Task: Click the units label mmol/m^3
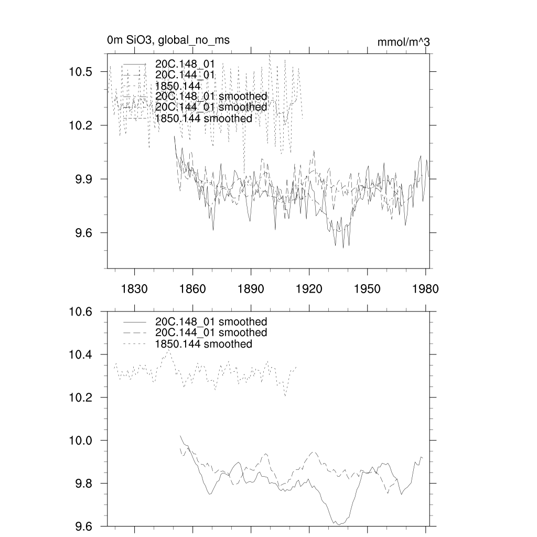403,42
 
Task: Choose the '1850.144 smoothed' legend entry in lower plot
203,344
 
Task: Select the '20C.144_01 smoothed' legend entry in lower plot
211,333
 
